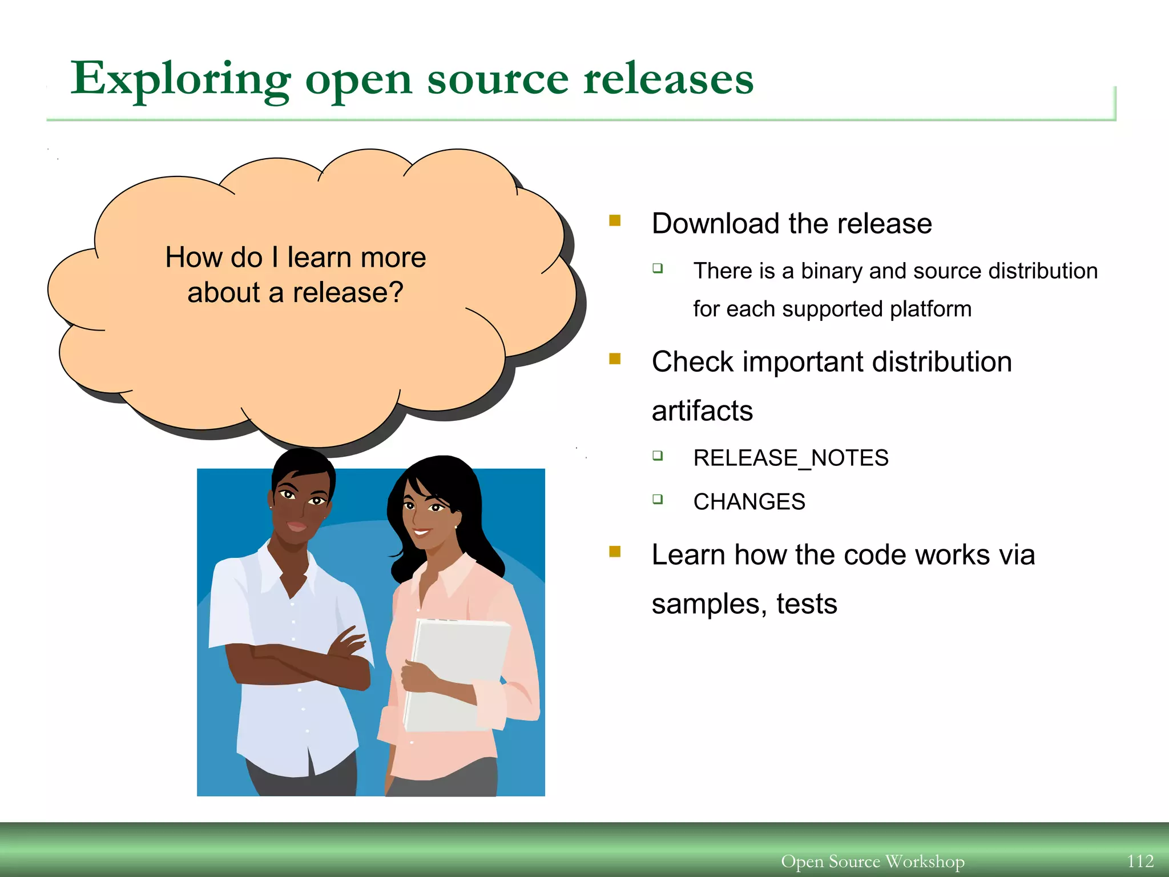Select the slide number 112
pos(1140,860)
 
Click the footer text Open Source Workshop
pos(872,860)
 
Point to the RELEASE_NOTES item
pos(791,458)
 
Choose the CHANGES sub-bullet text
pos(749,502)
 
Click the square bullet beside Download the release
pos(615,220)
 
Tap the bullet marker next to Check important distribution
pos(615,359)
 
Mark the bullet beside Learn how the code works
pos(615,552)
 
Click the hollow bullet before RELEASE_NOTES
pos(658,455)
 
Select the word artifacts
pos(702,411)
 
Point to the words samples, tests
pos(744,604)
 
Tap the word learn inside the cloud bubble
pos(315,258)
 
